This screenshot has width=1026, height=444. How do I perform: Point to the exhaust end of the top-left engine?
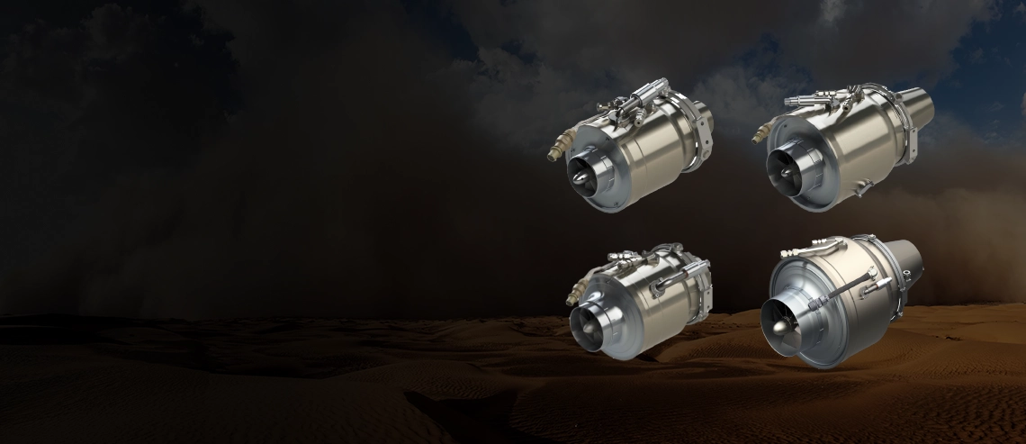coord(704,119)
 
